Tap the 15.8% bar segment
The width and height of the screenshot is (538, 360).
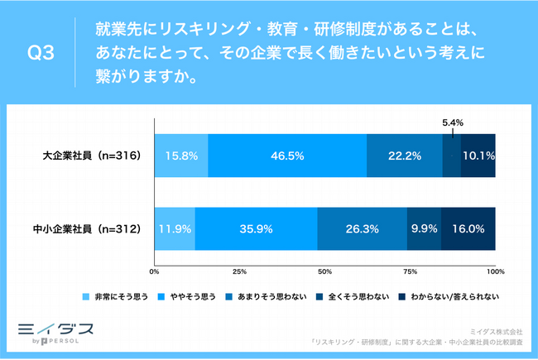(x=180, y=155)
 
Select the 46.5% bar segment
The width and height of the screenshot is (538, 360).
(x=286, y=155)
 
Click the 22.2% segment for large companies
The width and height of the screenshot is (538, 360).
(x=404, y=155)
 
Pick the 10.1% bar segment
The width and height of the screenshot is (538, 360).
(x=478, y=155)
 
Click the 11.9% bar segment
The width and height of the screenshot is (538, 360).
(x=174, y=228)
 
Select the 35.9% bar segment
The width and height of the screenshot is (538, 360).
(x=256, y=228)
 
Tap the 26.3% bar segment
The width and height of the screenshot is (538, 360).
(x=362, y=228)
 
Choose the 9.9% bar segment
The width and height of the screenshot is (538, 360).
(x=424, y=228)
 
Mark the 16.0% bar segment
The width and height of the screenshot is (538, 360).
(x=468, y=228)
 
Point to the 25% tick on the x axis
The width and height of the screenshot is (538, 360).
(x=239, y=271)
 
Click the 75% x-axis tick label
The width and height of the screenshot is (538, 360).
(x=410, y=271)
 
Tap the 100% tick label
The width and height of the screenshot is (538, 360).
(x=494, y=271)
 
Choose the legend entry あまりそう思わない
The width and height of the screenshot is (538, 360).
(x=270, y=295)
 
